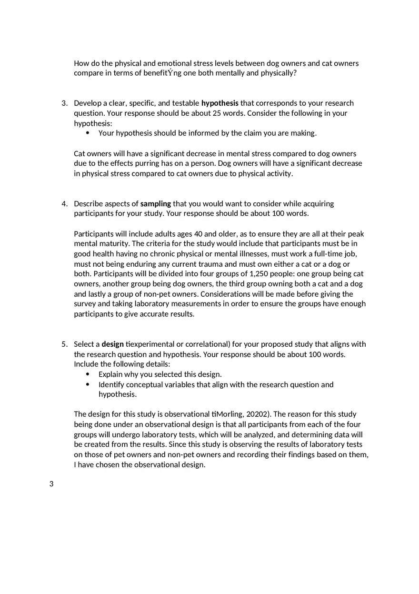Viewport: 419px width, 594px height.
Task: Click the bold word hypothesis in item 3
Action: click(x=219, y=103)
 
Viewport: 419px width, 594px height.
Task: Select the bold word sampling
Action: click(x=155, y=203)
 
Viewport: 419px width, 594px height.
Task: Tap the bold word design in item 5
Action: click(x=112, y=344)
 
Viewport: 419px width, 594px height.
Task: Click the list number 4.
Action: click(x=64, y=203)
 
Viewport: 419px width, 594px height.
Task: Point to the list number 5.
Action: click(x=64, y=344)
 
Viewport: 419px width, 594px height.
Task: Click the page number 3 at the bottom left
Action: click(x=51, y=484)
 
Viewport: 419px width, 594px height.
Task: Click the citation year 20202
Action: click(x=258, y=414)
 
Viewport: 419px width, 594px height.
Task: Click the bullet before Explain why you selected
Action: click(x=88, y=374)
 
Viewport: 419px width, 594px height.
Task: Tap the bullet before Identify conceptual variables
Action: click(x=88, y=384)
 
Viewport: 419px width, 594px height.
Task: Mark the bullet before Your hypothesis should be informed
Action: click(x=88, y=133)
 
